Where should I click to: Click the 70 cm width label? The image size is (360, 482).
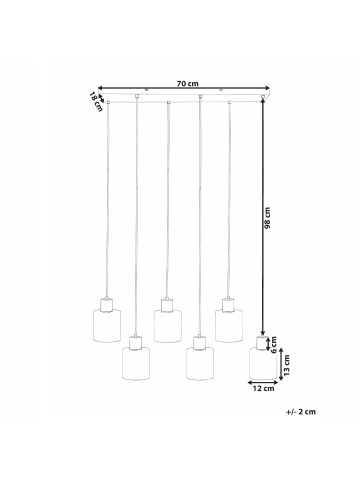[187, 83]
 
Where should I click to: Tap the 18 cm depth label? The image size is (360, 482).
[96, 102]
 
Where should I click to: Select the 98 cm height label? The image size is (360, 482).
[267, 218]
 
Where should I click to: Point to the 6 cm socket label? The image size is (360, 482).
[273, 345]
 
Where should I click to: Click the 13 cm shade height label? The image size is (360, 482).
[286, 364]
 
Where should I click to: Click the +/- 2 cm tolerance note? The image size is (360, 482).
[300, 412]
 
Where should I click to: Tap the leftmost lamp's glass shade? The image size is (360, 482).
[107, 326]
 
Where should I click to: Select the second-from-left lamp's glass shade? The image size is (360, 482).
[136, 364]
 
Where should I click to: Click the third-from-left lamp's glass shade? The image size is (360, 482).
[168, 326]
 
